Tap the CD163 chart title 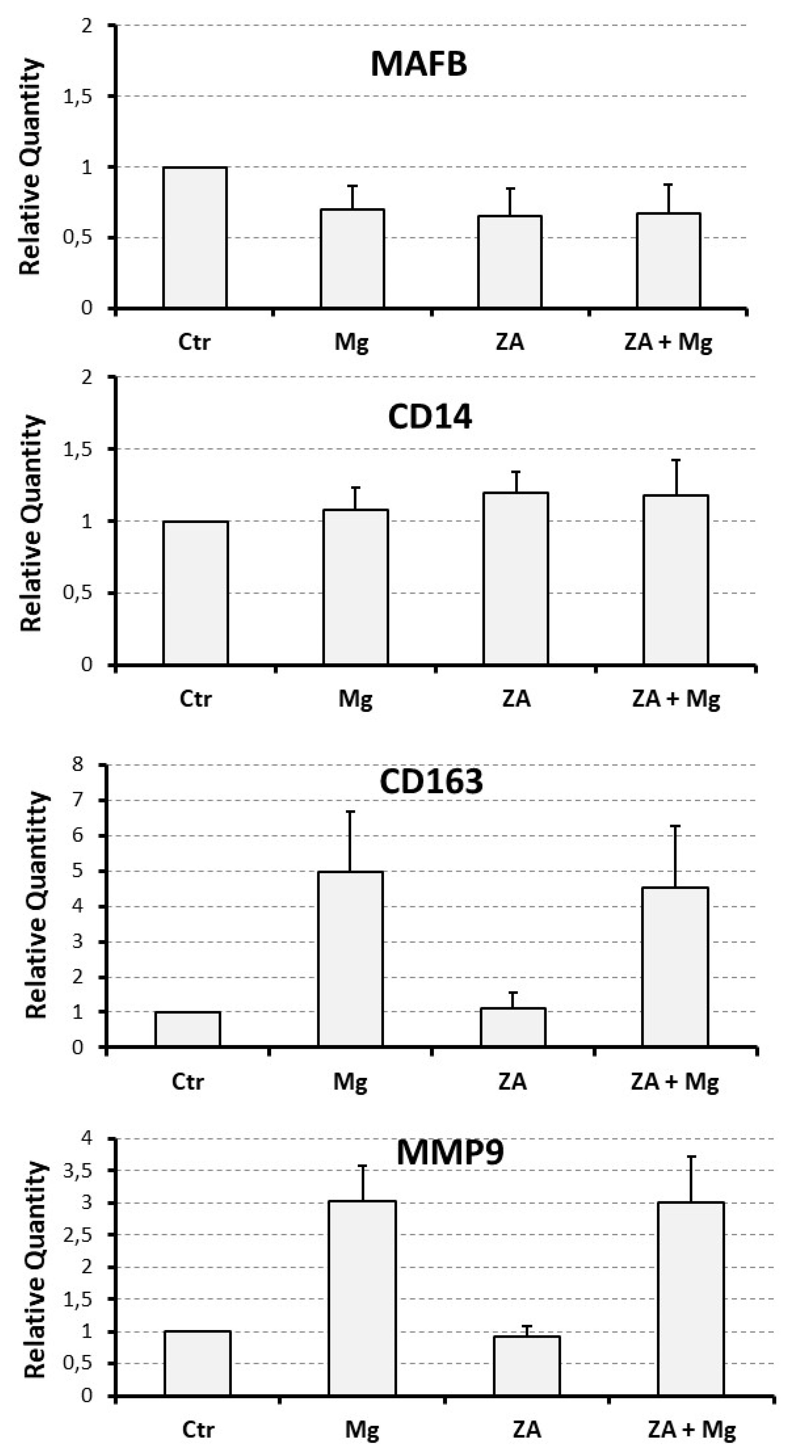coord(431,782)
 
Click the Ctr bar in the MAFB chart coord(195,238)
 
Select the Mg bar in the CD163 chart coord(350,959)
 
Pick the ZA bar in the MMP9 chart coord(527,1365)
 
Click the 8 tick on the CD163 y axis coord(77,765)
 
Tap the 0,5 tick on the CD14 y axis coord(77,593)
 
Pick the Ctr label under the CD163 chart coord(188,1081)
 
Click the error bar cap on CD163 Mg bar coord(350,812)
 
